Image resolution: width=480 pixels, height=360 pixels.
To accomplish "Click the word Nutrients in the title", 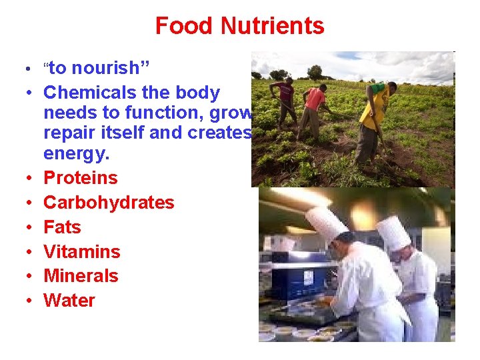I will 273,26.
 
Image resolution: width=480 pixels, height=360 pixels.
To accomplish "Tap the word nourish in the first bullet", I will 109,68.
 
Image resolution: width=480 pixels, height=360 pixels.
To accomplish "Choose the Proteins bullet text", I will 80,178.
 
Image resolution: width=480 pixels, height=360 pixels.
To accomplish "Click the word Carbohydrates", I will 109,203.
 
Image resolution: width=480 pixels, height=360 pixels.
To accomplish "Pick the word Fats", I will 62,227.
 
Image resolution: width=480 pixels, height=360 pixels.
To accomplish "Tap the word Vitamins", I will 82,252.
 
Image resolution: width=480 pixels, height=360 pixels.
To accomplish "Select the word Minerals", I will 81,276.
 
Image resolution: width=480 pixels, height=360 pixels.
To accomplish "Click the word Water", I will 69,301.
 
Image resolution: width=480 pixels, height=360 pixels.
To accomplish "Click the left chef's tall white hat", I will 326,223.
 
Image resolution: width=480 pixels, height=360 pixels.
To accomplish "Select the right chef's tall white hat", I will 393,232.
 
